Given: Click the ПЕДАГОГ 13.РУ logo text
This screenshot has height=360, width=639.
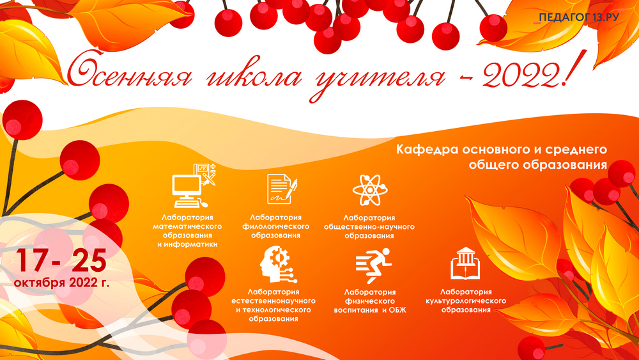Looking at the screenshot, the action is pyautogui.click(x=579, y=17).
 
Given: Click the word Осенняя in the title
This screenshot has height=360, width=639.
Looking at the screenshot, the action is pyautogui.click(x=130, y=73).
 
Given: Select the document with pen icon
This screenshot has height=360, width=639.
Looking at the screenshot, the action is pyautogui.click(x=282, y=189).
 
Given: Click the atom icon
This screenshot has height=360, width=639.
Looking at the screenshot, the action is pyautogui.click(x=369, y=189).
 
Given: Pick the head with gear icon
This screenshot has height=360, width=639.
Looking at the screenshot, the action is pyautogui.click(x=279, y=264).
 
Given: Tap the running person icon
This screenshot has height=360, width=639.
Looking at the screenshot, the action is pyautogui.click(x=373, y=265).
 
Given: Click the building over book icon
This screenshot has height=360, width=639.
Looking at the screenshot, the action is pyautogui.click(x=465, y=263).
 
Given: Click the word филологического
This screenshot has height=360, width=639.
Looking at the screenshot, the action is pyautogui.click(x=275, y=226).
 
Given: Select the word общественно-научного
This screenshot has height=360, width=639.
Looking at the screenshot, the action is pyautogui.click(x=369, y=227).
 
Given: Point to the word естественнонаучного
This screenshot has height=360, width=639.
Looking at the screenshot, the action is pyautogui.click(x=273, y=301).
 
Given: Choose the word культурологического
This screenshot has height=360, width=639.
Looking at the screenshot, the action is pyautogui.click(x=466, y=301).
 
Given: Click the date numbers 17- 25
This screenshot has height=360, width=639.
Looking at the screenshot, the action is pyautogui.click(x=61, y=260).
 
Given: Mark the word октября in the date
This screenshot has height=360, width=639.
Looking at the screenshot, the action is pyautogui.click(x=40, y=283).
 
